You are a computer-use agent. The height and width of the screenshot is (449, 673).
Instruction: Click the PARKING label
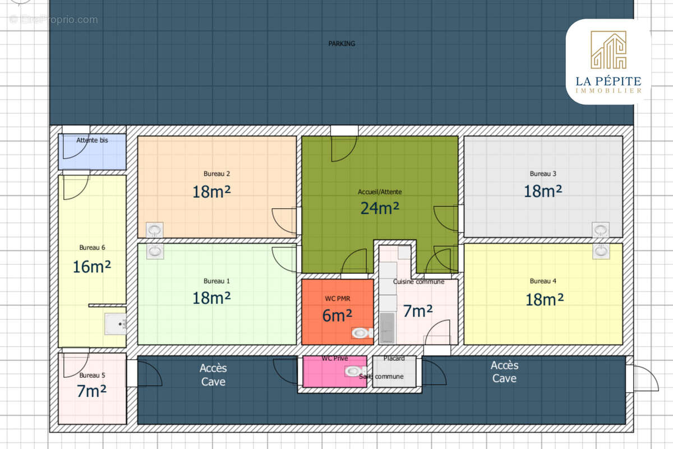[x=342, y=44]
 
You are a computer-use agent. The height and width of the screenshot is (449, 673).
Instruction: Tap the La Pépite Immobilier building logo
[x=609, y=50]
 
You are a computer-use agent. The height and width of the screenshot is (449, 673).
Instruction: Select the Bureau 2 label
[x=216, y=174]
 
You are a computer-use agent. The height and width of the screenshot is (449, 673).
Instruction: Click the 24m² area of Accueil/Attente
[x=380, y=208]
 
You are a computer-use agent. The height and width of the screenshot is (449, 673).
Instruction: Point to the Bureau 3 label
[x=543, y=174]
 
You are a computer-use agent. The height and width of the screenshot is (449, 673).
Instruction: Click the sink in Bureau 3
[x=601, y=230]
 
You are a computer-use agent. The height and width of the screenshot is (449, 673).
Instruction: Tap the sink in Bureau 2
[x=154, y=230]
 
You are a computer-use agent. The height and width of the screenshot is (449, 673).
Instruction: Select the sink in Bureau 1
[x=155, y=251]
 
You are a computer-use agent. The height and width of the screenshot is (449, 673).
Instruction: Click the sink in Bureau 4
[x=601, y=251]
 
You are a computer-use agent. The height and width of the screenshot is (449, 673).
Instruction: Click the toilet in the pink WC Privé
[x=355, y=372]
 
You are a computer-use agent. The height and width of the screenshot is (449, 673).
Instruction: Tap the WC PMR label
[x=338, y=299]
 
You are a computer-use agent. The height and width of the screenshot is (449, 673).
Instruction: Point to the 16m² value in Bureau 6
[x=92, y=267]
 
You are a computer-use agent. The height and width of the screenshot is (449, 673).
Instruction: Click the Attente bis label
[x=92, y=140]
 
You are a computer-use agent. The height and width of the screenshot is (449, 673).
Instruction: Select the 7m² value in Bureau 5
[x=91, y=391]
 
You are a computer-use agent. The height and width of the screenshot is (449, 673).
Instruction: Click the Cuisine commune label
[x=418, y=282]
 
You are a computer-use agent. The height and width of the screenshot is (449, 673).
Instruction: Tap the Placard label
[x=394, y=359]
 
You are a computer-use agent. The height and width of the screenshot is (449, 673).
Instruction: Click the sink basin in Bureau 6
[x=116, y=324]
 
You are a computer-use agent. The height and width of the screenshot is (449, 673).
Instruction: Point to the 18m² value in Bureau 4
[x=545, y=300]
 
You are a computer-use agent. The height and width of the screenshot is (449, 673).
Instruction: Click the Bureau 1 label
[x=216, y=281]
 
